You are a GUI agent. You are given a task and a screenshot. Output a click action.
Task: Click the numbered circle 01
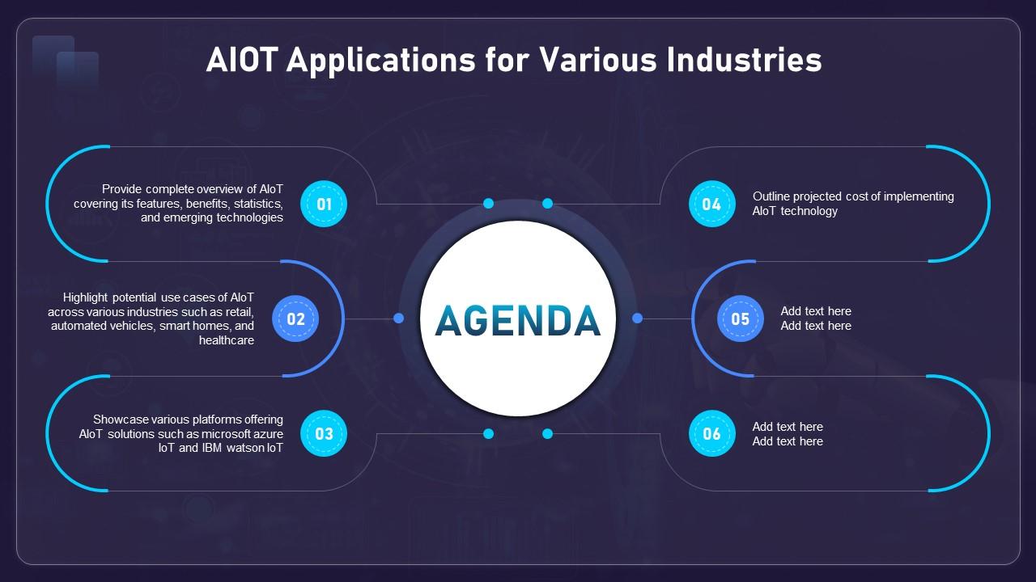pyautogui.click(x=324, y=204)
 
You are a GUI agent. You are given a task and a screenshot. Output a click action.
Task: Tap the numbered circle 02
pyautogui.click(x=295, y=318)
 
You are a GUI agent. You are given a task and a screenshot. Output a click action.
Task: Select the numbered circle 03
pyautogui.click(x=324, y=433)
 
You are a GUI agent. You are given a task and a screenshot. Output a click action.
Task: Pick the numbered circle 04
pyautogui.click(x=711, y=204)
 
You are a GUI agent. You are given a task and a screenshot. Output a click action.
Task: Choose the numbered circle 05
pyautogui.click(x=740, y=318)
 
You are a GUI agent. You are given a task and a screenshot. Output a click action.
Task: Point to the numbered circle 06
pyautogui.click(x=711, y=433)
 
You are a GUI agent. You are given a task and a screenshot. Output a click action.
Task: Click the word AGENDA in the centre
pyautogui.click(x=518, y=321)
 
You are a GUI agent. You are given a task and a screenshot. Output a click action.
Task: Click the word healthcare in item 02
pyautogui.click(x=227, y=340)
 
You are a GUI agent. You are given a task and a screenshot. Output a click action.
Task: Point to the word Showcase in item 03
pyautogui.click(x=120, y=420)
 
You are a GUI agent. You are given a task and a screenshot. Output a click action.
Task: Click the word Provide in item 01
pyautogui.click(x=121, y=189)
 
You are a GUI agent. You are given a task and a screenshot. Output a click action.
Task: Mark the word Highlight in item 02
pyautogui.click(x=87, y=297)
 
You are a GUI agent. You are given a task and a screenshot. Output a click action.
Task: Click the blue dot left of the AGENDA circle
pyautogui.click(x=398, y=318)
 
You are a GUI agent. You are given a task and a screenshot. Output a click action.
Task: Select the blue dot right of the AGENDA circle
pyautogui.click(x=637, y=318)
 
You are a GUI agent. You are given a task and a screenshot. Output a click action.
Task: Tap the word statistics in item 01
pyautogui.click(x=256, y=204)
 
